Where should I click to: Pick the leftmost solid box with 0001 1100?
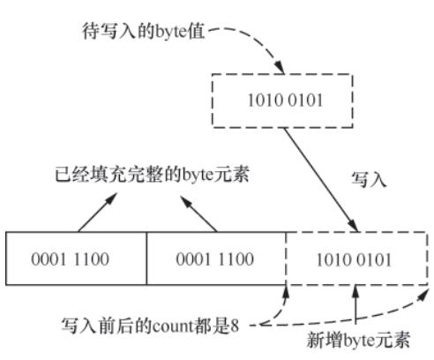point(76,259)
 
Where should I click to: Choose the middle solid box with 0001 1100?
point(216,259)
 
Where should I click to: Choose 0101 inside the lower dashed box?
point(376,259)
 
